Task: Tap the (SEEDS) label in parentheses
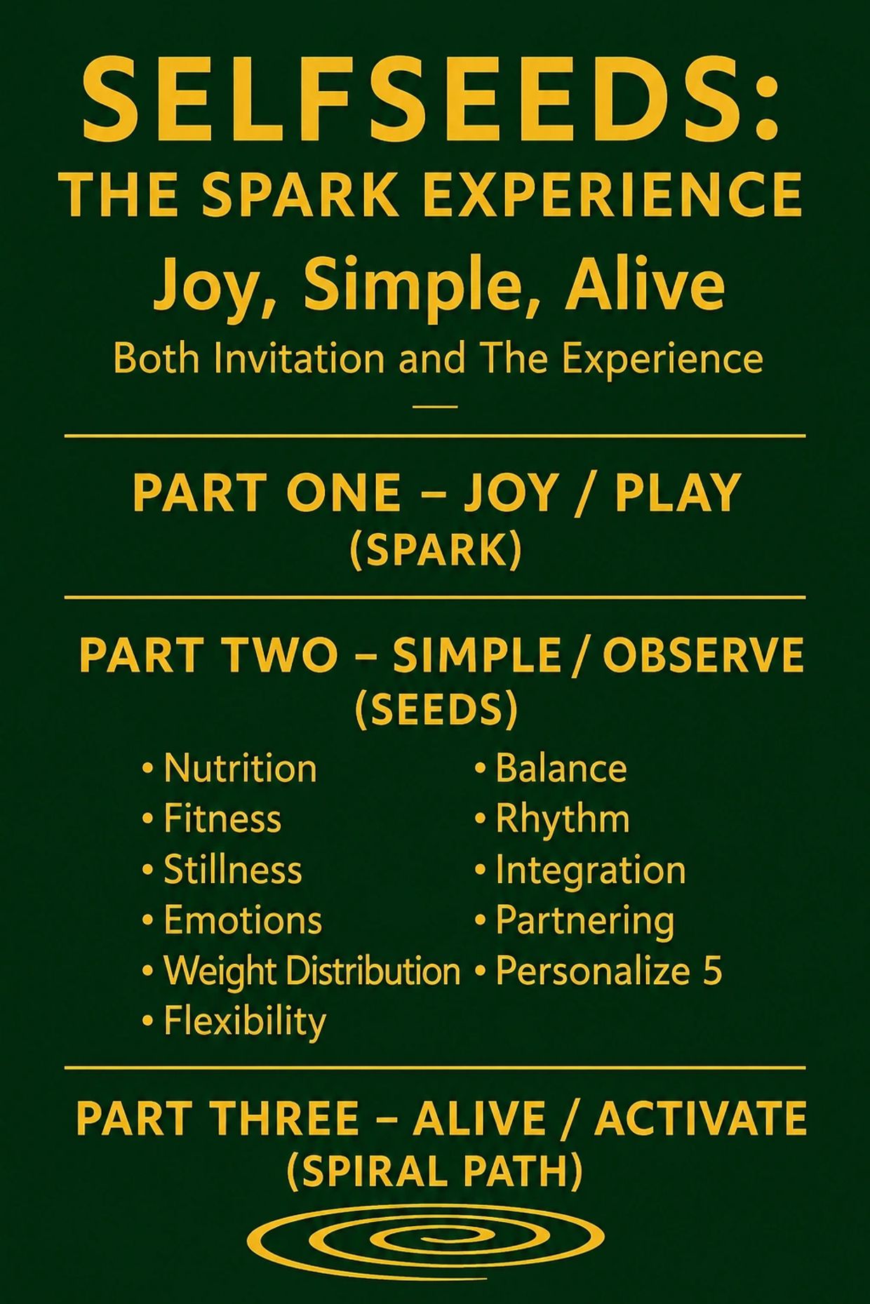pos(436,710)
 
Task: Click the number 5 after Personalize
pos(711,972)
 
